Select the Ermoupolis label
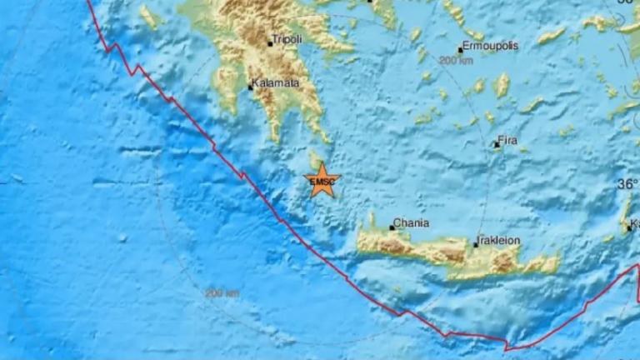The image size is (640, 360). [491, 47]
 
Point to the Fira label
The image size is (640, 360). [508, 142]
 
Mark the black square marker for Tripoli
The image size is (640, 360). [269, 43]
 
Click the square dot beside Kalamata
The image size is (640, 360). [250, 87]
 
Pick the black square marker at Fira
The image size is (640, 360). [496, 145]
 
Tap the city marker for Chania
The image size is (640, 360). [392, 227]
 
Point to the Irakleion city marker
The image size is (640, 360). [475, 244]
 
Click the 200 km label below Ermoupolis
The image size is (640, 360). [455, 61]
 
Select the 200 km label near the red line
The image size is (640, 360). [222, 293]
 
